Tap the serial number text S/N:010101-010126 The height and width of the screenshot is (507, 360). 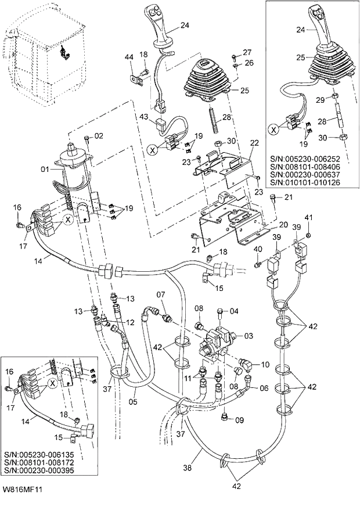coord(305,182)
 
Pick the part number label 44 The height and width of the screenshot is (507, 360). coord(129,56)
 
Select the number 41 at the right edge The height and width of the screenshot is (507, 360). coord(309,218)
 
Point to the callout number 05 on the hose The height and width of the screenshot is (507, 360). coord(149,400)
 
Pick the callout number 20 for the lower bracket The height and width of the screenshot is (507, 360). coord(284,225)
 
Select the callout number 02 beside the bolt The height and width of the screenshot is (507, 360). coord(98,136)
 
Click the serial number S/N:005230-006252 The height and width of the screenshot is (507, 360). coord(305,158)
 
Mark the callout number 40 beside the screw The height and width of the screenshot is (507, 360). coord(258,249)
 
